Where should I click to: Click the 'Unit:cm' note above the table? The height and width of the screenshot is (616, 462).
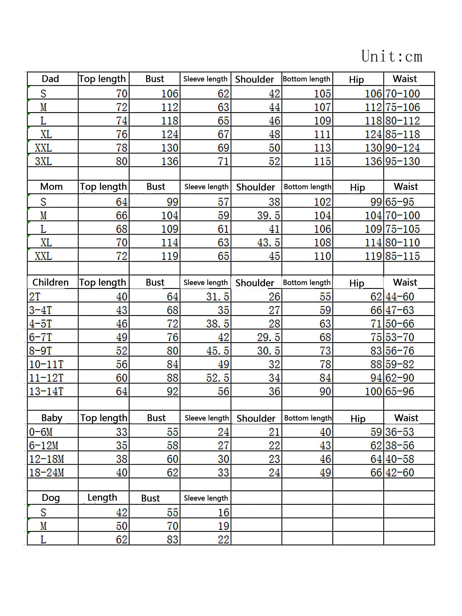pos(391,56)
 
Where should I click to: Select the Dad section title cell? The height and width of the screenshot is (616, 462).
pos(50,79)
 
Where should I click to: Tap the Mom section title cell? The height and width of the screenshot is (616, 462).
pos(51,187)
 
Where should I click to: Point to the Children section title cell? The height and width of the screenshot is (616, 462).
pos(51,282)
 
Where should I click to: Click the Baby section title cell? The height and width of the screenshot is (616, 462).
pos(52,418)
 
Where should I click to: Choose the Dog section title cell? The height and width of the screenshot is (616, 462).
pos(51,498)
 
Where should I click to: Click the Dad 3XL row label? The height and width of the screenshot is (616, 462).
pos(43,161)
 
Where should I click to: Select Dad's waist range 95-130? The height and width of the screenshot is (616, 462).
pos(402,161)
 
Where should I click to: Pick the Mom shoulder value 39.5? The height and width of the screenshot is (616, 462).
pos(269,216)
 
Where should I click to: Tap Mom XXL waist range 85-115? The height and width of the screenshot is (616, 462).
pos(402,256)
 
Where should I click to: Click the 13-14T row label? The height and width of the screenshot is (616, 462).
pos(46,391)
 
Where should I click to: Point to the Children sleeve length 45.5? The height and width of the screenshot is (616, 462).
pos(217,351)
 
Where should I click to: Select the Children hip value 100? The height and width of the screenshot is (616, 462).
pos(373,391)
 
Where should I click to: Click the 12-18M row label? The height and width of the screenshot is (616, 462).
pos(47,459)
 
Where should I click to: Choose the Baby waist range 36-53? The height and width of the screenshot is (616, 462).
pos(399,432)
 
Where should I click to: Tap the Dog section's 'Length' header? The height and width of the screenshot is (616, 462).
pos(102,498)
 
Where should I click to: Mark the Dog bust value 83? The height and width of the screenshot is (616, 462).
pos(172,540)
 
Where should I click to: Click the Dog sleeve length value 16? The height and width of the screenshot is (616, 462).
pos(224,513)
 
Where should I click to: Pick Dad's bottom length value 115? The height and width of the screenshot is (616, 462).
pos(322,161)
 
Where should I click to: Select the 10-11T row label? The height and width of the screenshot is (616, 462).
pos(46,364)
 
